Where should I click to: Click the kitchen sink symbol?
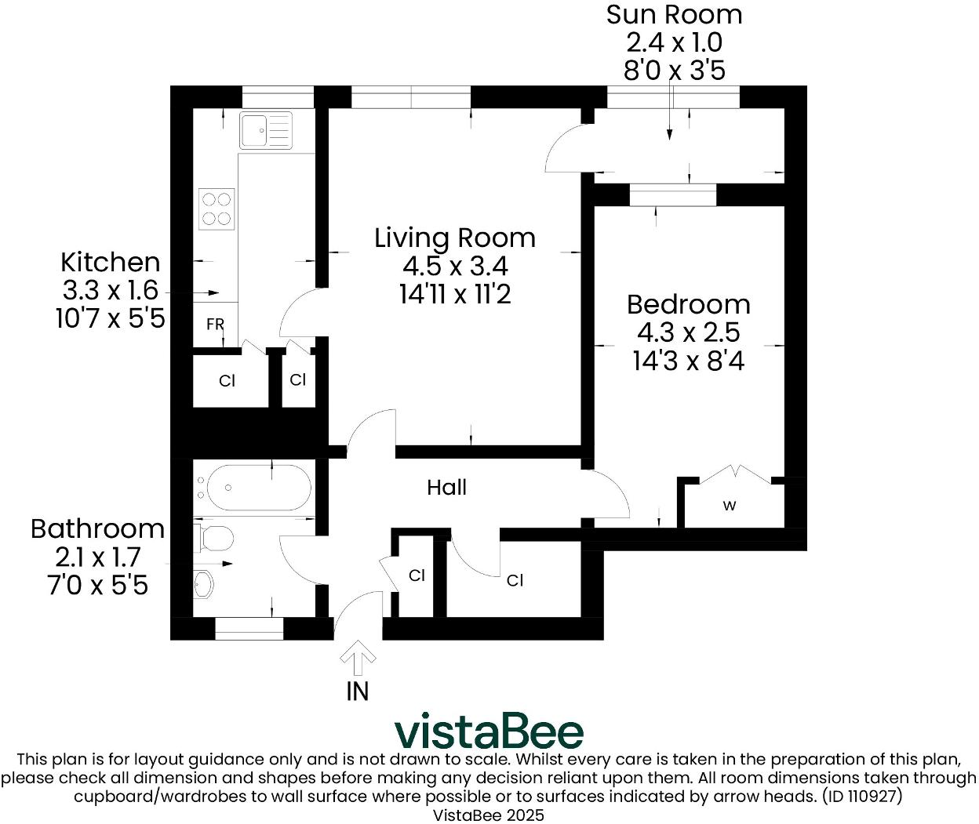(266, 130)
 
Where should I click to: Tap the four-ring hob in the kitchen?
(217, 209)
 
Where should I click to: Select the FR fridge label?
(215, 325)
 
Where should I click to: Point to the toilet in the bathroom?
(214, 539)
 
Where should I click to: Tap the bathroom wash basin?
(204, 584)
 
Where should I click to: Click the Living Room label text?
(455, 238)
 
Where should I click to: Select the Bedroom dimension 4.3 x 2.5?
(688, 333)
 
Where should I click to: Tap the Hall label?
(446, 488)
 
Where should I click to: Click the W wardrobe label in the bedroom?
(730, 506)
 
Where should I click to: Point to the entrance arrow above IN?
(358, 659)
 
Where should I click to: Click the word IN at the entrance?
(358, 692)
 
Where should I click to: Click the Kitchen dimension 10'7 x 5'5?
(110, 319)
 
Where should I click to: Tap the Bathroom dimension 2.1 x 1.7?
(97, 557)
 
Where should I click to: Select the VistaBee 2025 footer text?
(489, 815)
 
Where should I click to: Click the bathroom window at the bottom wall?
(249, 629)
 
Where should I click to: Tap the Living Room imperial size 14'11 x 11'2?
(455, 295)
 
